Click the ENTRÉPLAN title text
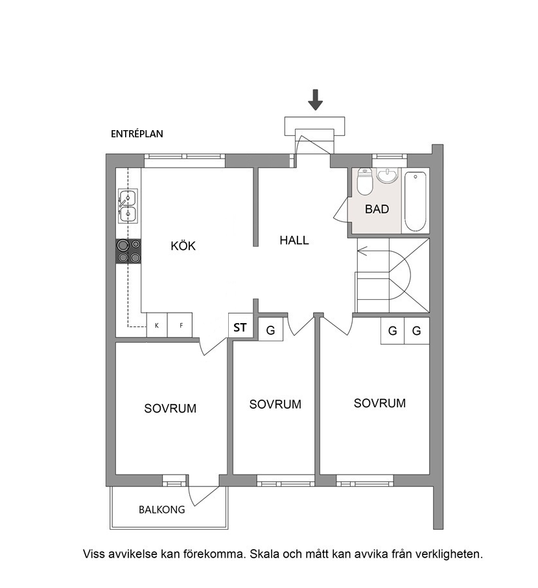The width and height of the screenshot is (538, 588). click(137, 134)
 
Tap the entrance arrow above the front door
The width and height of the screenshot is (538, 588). click(316, 100)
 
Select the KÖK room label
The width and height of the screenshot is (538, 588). click(183, 245)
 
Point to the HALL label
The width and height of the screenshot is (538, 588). click(294, 240)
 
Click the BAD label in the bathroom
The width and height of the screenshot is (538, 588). click(377, 209)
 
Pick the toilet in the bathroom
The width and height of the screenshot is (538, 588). click(364, 181)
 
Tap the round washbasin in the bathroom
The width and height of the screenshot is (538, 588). click(387, 176)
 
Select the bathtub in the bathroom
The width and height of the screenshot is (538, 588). click(415, 203)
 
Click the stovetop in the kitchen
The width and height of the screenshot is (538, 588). click(128, 251)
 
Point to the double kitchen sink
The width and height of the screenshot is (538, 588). click(128, 206)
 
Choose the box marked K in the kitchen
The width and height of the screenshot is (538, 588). click(157, 325)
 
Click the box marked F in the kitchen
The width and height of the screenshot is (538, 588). click(180, 325)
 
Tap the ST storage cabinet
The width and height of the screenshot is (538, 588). click(240, 326)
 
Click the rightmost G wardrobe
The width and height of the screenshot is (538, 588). click(416, 330)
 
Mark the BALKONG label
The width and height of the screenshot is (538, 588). click(162, 510)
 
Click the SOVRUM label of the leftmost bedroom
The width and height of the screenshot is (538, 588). click(170, 408)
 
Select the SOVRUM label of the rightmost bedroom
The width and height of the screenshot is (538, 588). click(380, 403)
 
